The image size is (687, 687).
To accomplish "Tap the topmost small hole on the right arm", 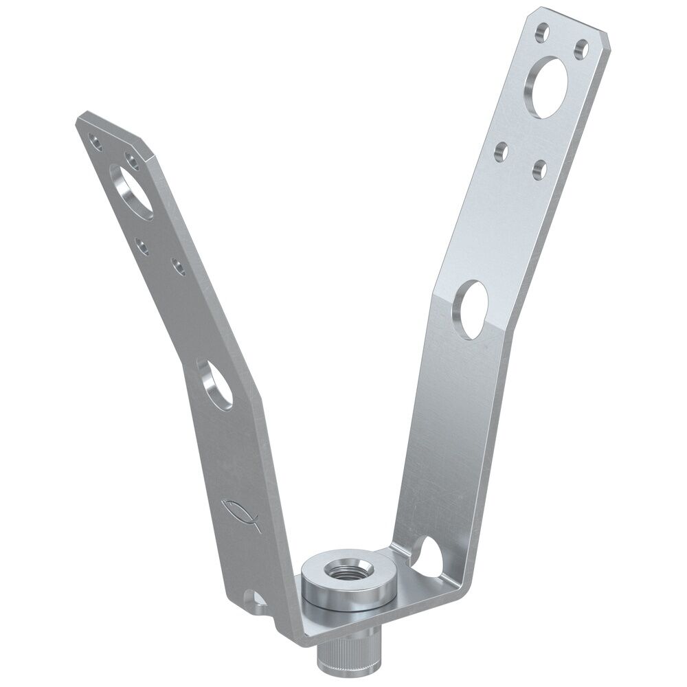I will (543, 32).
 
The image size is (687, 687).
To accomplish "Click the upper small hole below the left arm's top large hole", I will (142, 245).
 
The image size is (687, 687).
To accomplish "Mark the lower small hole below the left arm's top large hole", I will (177, 266).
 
